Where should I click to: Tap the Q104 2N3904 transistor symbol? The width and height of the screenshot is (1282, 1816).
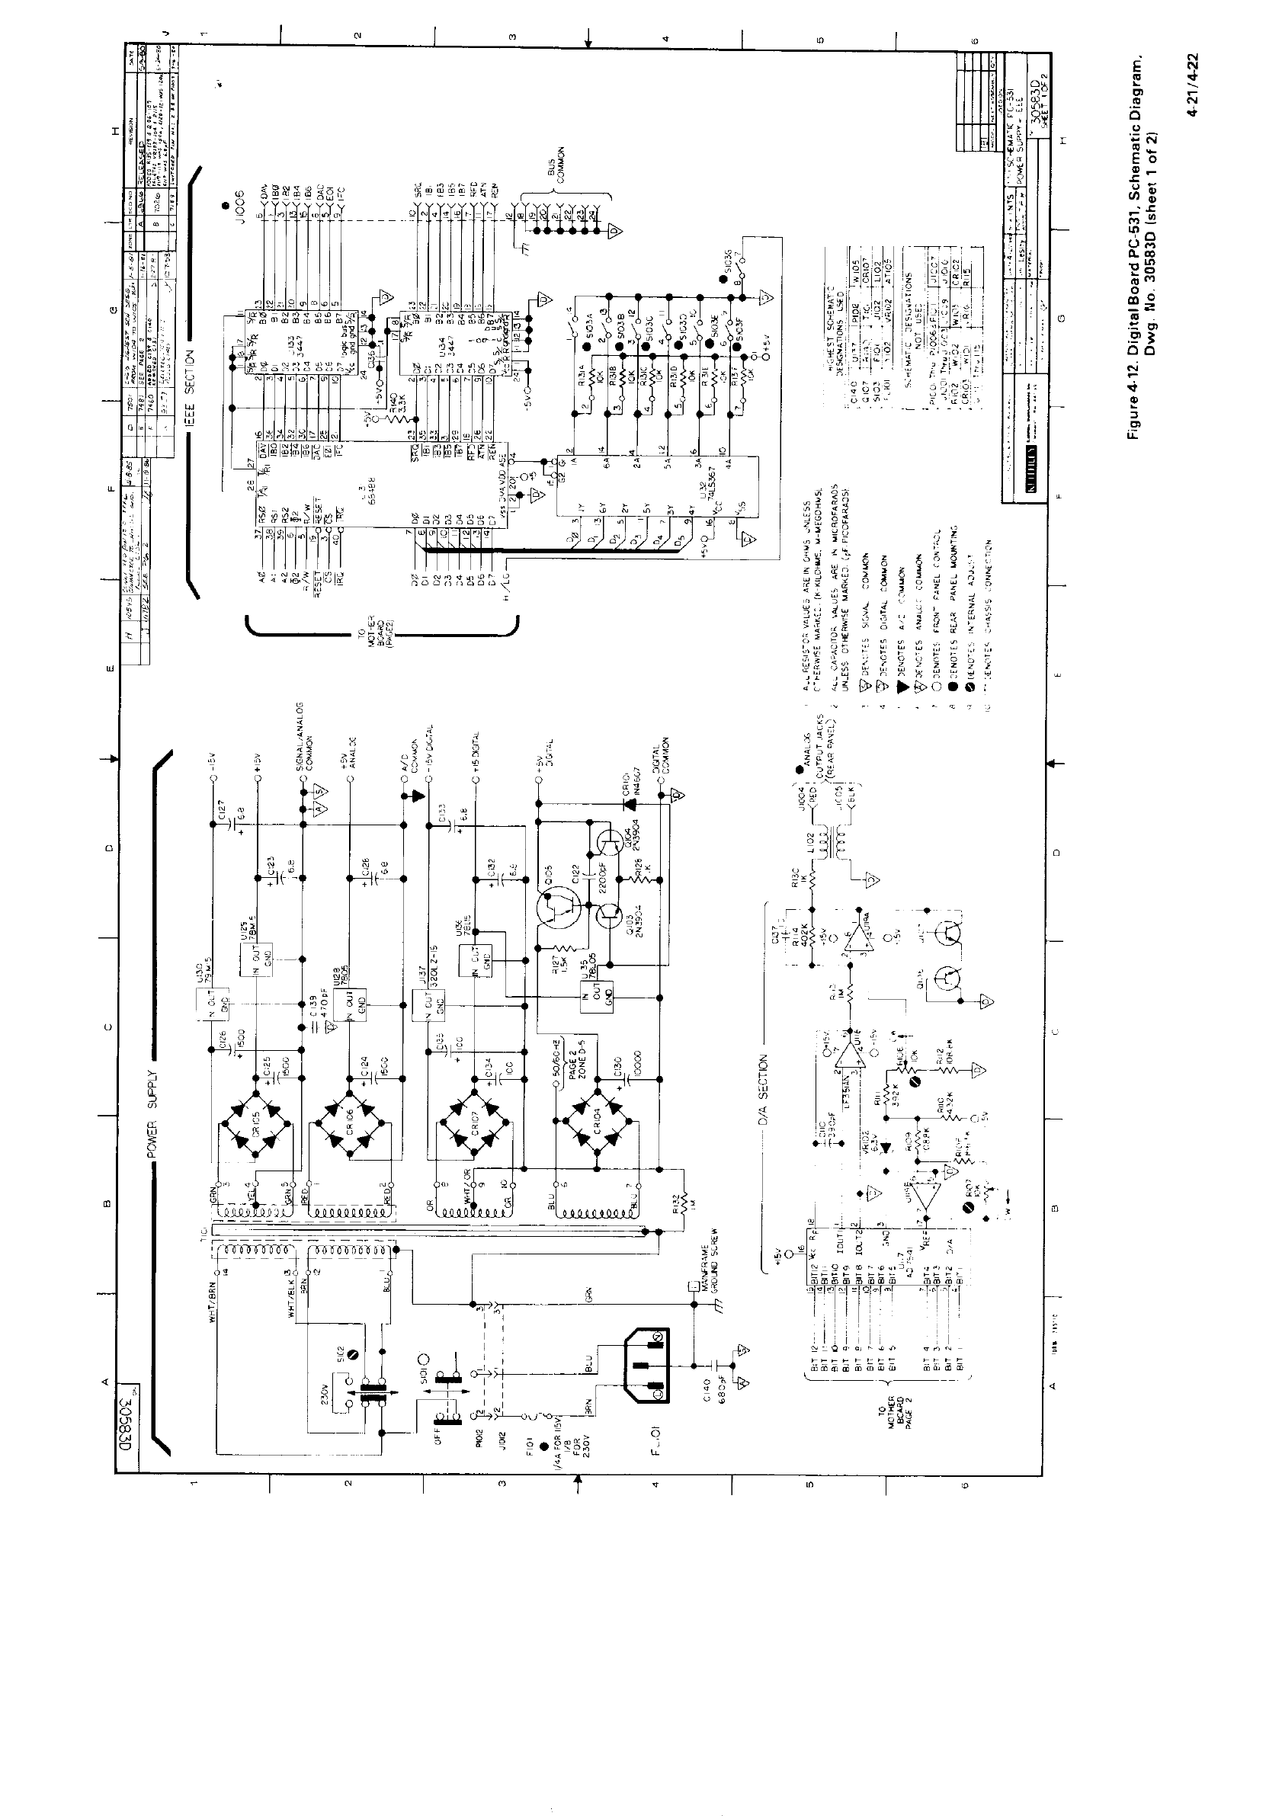pos(610,842)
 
